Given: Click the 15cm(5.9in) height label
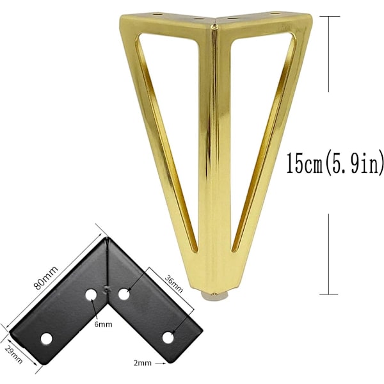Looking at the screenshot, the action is pyautogui.click(x=335, y=163).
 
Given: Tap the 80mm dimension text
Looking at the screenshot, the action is pyautogui.click(x=46, y=278).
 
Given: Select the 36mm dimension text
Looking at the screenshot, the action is pyautogui.click(x=173, y=284).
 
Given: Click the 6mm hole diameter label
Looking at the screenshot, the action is pyautogui.click(x=103, y=324).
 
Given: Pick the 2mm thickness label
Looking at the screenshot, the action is pyautogui.click(x=143, y=363).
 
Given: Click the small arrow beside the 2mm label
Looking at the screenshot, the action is pyautogui.click(x=161, y=364).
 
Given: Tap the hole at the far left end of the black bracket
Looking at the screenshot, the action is pyautogui.click(x=46, y=339).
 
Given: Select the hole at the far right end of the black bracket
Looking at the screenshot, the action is pyautogui.click(x=168, y=338).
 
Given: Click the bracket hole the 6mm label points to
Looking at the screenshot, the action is pyautogui.click(x=91, y=294).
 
